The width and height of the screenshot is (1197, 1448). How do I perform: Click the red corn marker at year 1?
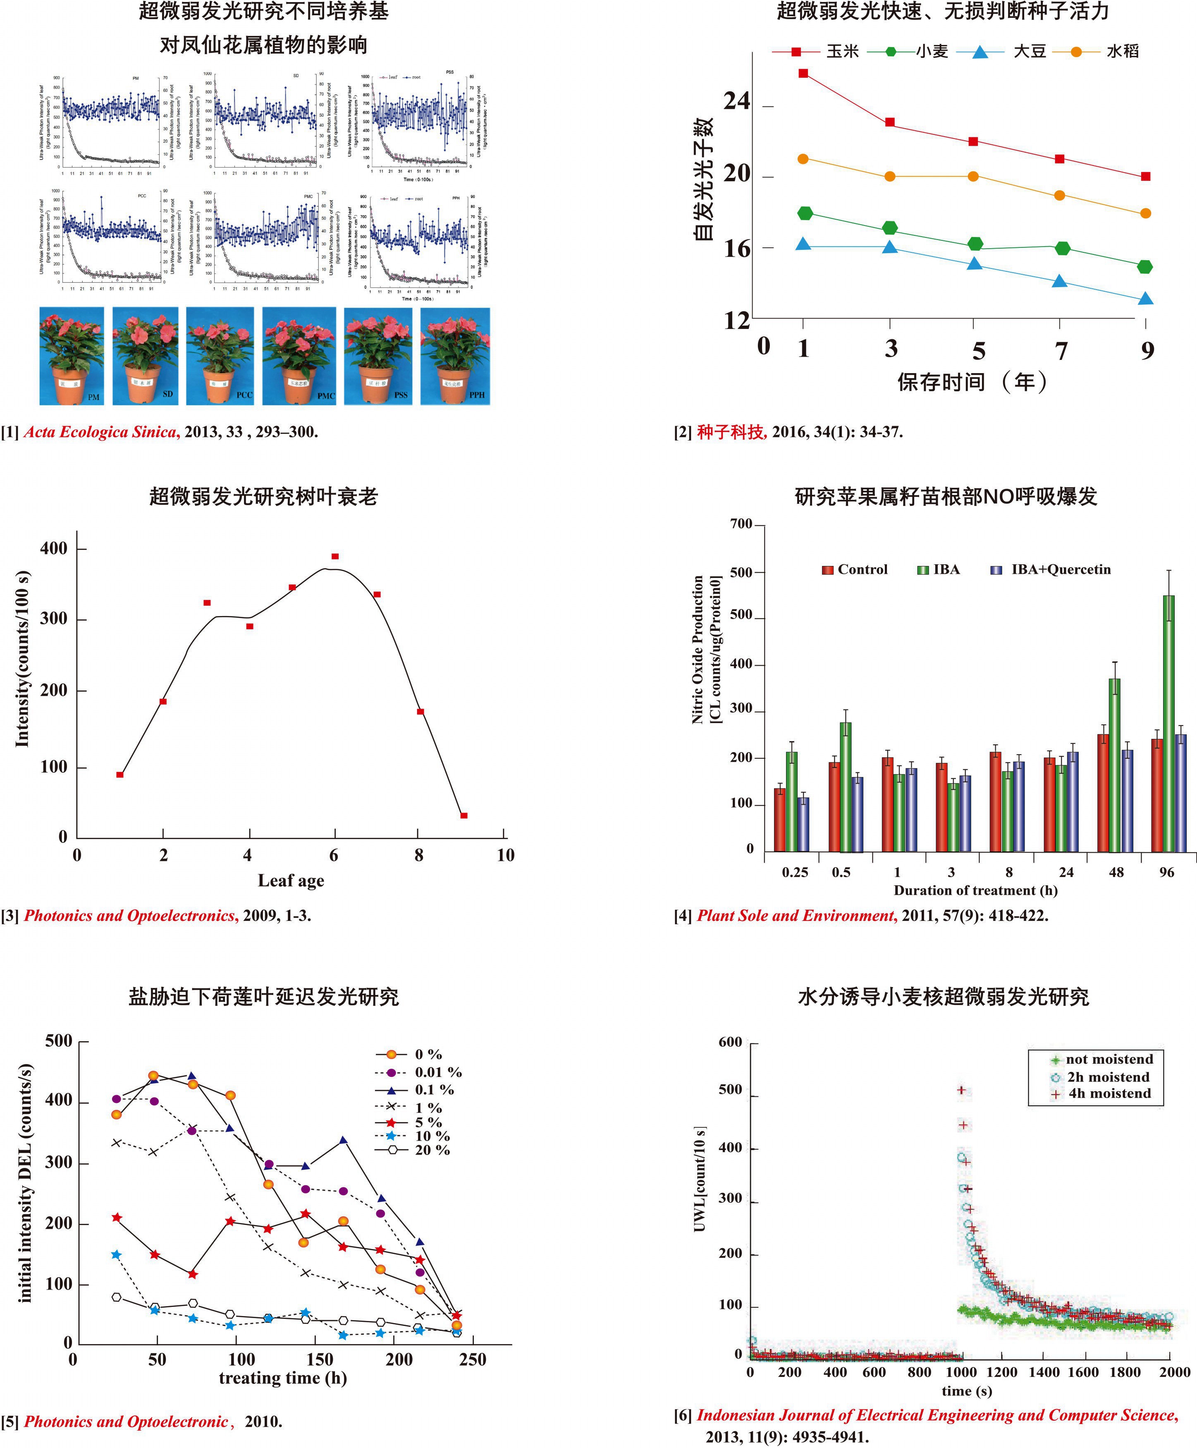pyautogui.click(x=803, y=73)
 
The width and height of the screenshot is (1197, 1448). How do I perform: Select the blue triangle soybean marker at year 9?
pyautogui.click(x=1145, y=299)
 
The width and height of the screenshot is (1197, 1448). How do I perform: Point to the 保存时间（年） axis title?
pyautogui.click(x=972, y=381)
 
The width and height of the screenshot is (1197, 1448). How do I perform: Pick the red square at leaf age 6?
pyautogui.click(x=335, y=556)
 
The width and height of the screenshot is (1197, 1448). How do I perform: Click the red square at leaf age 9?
pyautogui.click(x=464, y=816)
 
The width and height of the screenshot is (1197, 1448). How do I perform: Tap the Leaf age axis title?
pyautogui.click(x=290, y=880)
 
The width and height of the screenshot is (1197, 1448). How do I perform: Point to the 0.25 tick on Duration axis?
pyautogui.click(x=795, y=872)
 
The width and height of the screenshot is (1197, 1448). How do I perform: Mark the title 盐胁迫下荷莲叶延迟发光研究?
pyautogui.click(x=263, y=996)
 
